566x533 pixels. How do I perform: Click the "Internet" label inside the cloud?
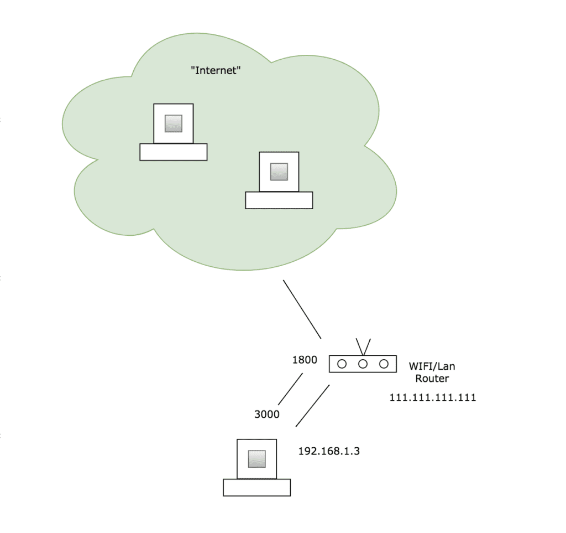tap(216, 70)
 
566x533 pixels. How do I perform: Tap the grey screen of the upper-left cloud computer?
tap(174, 123)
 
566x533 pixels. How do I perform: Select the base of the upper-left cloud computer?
tap(173, 152)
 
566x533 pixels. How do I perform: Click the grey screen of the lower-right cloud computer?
tap(279, 172)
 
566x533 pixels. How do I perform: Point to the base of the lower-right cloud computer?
tap(279, 200)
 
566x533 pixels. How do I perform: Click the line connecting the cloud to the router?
tap(302, 309)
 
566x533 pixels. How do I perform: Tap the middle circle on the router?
tap(363, 364)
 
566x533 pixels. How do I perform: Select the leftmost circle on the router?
tap(342, 364)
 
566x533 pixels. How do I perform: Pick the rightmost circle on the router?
tap(384, 364)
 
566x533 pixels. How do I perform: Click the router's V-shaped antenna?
tap(363, 347)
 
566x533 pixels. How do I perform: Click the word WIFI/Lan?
tap(432, 366)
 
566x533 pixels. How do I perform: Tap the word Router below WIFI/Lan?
tap(432, 379)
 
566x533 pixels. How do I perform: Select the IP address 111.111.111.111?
tap(433, 397)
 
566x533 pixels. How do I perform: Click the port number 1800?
tap(305, 360)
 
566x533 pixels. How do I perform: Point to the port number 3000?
tap(266, 414)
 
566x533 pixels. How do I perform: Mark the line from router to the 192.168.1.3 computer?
tap(312, 406)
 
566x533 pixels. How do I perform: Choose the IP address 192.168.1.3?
tap(329, 451)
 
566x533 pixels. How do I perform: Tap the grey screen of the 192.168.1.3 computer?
tap(256, 459)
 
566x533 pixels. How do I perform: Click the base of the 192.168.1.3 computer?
tap(256, 488)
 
